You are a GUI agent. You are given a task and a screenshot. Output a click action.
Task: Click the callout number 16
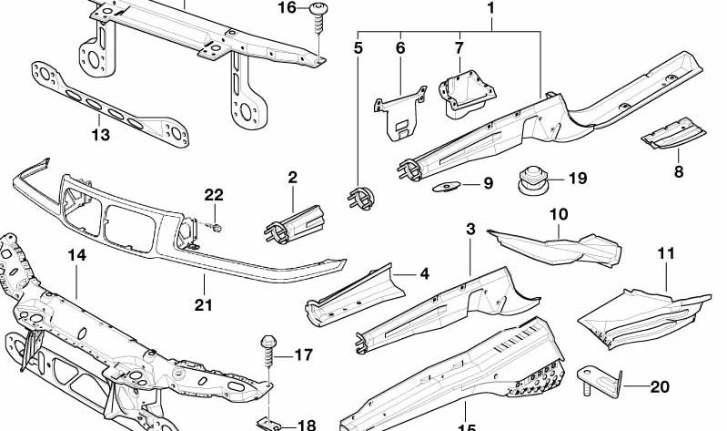point(287,8)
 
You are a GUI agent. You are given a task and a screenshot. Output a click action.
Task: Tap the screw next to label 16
point(318,18)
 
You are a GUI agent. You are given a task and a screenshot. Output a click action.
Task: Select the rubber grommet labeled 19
point(532,180)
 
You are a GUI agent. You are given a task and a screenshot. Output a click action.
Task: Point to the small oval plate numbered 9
point(446,186)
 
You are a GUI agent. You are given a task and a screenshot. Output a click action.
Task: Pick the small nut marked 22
point(217,228)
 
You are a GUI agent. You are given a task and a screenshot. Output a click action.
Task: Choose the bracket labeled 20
point(599,381)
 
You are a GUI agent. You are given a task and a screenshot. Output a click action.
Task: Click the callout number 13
point(101,135)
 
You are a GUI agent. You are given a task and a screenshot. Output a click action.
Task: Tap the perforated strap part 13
point(109,106)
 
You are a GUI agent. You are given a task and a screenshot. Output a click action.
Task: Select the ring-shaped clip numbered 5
point(360,198)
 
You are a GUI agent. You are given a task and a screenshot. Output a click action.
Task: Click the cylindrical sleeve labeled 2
point(294,224)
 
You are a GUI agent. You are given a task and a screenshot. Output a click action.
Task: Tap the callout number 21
point(203,305)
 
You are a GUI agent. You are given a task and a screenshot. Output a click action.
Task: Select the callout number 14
point(77,255)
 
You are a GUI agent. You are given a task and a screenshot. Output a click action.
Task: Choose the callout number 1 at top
point(490,8)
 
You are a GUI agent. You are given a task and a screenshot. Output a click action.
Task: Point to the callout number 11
point(666,253)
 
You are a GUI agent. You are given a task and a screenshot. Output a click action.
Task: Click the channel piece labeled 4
point(355,295)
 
